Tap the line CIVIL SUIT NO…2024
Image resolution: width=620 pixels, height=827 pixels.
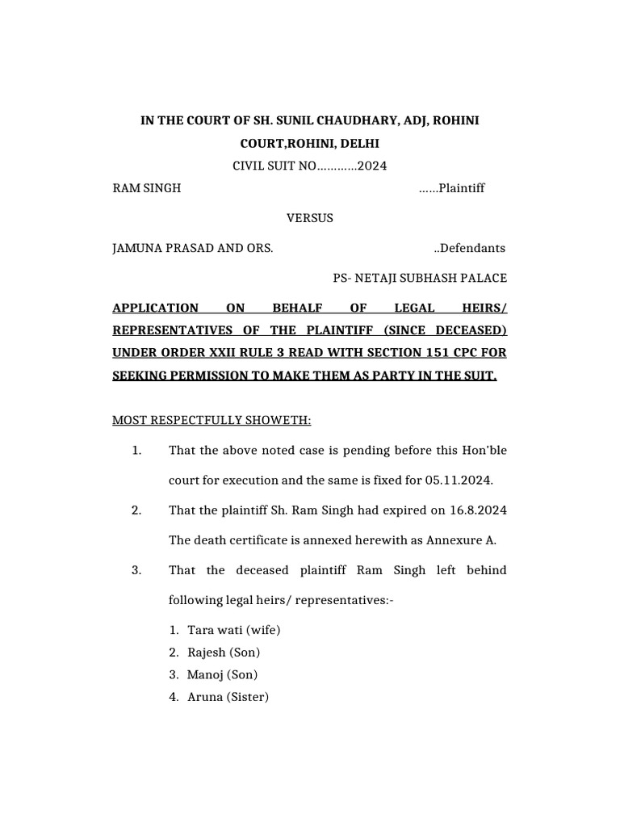[310, 166]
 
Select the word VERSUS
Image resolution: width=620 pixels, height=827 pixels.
[310, 218]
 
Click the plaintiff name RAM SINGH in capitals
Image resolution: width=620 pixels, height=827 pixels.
[146, 188]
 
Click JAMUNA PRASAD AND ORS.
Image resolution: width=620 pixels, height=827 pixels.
[192, 248]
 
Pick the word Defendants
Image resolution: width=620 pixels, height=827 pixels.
[472, 248]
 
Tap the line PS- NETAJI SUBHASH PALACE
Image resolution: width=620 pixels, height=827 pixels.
[420, 278]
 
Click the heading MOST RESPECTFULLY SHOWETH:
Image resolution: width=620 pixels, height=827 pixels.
[212, 420]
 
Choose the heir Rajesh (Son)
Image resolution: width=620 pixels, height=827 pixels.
[224, 652]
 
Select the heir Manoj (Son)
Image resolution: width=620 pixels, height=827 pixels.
[222, 674]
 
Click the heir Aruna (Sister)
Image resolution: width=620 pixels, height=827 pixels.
[228, 696]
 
